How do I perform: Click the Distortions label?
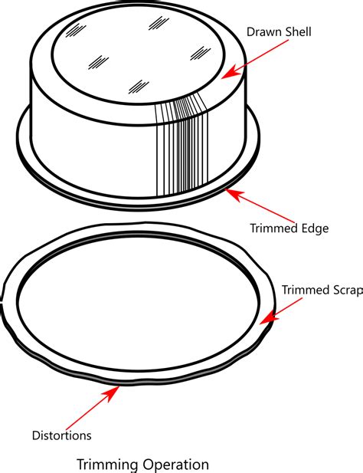[62, 435]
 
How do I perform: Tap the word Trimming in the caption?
[107, 465]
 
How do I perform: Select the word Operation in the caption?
[175, 465]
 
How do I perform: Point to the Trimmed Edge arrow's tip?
[224, 189]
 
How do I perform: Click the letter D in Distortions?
[36, 435]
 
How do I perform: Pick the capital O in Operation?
[149, 465]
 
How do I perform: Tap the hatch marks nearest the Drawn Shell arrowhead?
[200, 54]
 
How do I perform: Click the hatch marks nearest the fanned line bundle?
[139, 87]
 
